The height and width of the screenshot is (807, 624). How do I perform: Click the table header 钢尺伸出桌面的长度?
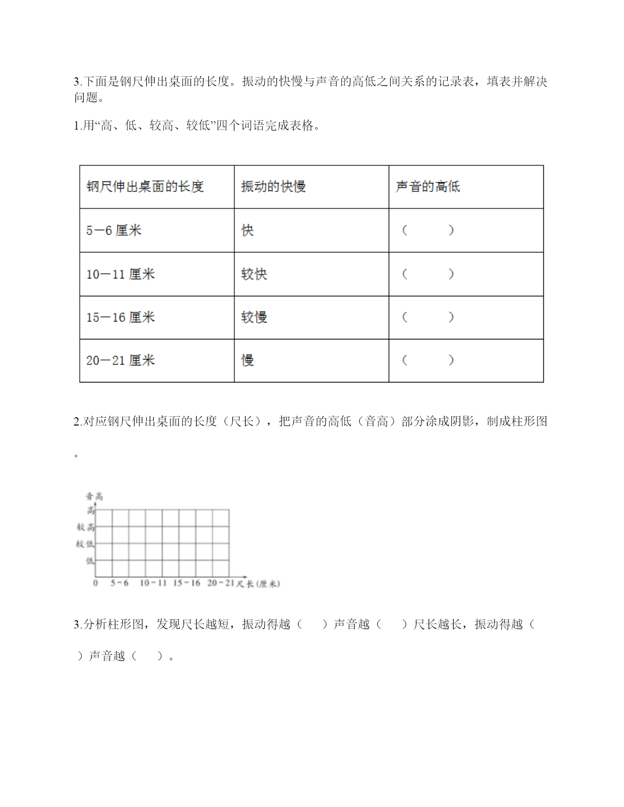coord(145,187)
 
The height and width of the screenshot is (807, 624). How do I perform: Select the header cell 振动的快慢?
coord(273,187)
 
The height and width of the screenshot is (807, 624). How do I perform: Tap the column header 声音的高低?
coord(428,187)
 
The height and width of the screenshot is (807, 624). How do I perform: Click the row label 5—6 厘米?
coord(114,230)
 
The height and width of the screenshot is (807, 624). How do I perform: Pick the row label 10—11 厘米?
coord(120,274)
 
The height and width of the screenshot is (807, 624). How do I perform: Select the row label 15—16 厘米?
coord(120,317)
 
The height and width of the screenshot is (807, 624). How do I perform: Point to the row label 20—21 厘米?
coord(120,360)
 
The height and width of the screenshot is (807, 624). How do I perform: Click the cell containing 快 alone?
coord(248,230)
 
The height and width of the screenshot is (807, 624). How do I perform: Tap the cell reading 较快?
coord(254,274)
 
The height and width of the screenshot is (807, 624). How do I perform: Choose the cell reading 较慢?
coord(254,317)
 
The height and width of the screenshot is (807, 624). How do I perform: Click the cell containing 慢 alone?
coord(248,360)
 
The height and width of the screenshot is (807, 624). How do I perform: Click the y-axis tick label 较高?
coord(85,527)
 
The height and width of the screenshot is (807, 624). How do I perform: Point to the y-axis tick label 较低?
coord(85,544)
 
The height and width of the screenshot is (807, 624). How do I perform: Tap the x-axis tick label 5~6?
coord(119,583)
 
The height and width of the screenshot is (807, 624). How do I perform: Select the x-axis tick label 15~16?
coord(186,583)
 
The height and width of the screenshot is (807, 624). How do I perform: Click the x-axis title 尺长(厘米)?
coord(258,583)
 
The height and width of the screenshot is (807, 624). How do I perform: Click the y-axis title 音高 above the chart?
coord(94,496)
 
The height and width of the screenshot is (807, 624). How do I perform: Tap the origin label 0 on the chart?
coord(95,583)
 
